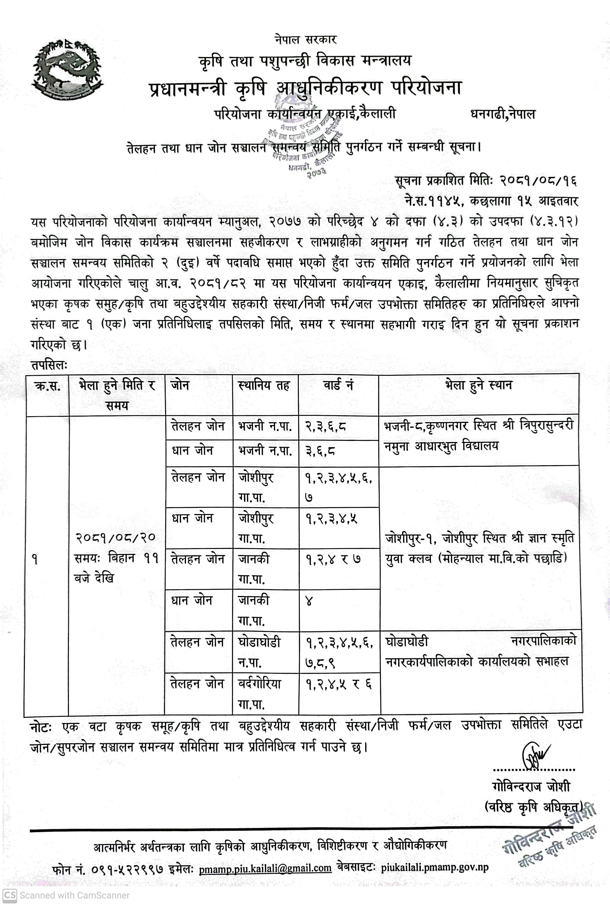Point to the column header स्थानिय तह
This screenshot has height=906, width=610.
pyautogui.click(x=264, y=386)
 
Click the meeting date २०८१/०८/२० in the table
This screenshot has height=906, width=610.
pyautogui.click(x=115, y=537)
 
